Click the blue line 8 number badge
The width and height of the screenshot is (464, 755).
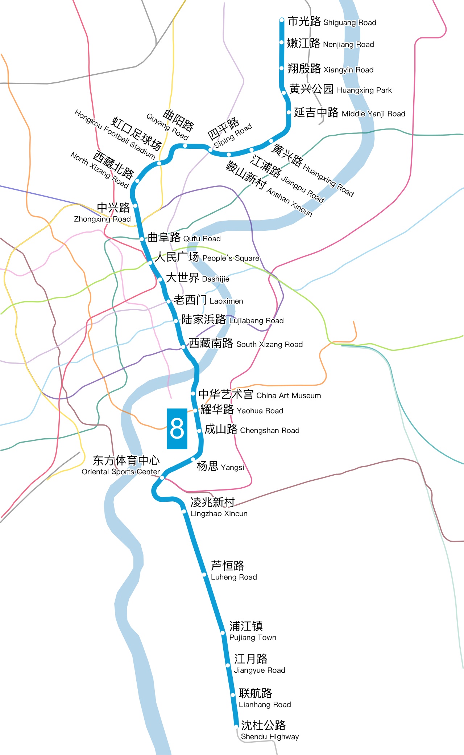pos(177,428)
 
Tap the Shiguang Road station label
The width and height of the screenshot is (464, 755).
pos(332,22)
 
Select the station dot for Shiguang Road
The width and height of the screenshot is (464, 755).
pos(282,20)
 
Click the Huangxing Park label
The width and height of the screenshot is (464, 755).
pos(340,89)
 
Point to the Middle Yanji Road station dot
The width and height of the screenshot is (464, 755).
pos(289,112)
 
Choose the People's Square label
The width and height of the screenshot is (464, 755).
pos(207,257)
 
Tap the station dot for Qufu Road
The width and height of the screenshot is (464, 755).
pos(142,239)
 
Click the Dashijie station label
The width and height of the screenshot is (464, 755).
pos(198,278)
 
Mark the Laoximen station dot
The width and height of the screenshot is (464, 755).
pos(169,301)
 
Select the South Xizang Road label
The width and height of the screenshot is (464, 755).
pos(245,344)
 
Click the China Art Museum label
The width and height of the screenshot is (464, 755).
pos(260,394)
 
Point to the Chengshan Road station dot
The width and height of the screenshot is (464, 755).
pos(199,431)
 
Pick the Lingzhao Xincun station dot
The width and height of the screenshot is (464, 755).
pos(184,512)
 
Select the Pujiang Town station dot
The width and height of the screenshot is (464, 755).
pos(223,633)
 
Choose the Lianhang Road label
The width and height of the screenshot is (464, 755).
pos(265,698)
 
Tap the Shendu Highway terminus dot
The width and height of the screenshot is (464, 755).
pos(236,726)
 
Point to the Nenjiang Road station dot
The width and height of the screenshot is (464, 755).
pos(282,42)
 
